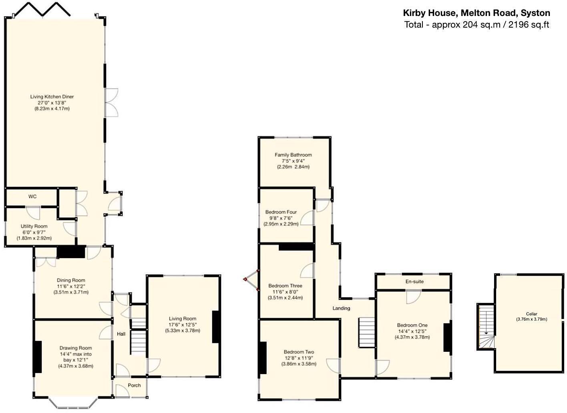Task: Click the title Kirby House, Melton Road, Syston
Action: pyautogui.click(x=477, y=13)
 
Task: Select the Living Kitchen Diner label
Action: pyautogui.click(x=52, y=97)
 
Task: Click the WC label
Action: pyautogui.click(x=32, y=196)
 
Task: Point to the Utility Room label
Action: pyautogui.click(x=34, y=227)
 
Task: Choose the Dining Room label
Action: pyautogui.click(x=71, y=281)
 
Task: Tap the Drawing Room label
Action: pyautogui.click(x=76, y=348)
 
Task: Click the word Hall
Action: pyautogui.click(x=121, y=334)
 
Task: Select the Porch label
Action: pyautogui.click(x=134, y=385)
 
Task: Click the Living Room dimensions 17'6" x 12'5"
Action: pyautogui.click(x=183, y=325)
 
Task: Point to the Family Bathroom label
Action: pyautogui.click(x=293, y=155)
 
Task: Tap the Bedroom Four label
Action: pyautogui.click(x=281, y=212)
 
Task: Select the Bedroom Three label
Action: pyautogui.click(x=285, y=286)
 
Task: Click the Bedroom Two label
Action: pyautogui.click(x=299, y=352)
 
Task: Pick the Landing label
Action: pyautogui.click(x=341, y=308)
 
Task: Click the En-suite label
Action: pyautogui.click(x=414, y=282)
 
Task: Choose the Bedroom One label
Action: pyautogui.click(x=412, y=325)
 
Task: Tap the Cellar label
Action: pyautogui.click(x=532, y=314)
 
